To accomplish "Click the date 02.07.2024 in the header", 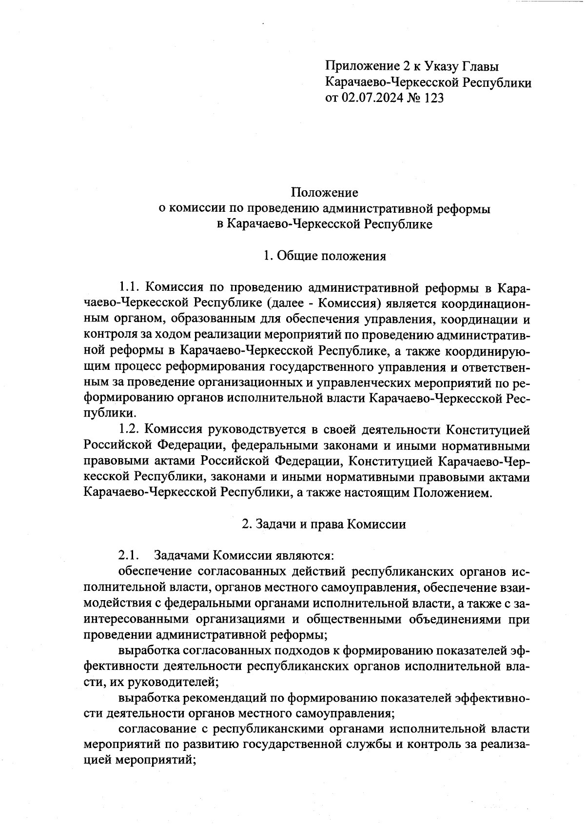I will (372, 98).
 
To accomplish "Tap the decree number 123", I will (434, 98).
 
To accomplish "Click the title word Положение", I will (325, 193).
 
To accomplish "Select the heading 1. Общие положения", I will (325, 256).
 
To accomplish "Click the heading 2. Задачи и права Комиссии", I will (324, 525).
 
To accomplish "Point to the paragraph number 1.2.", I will (130, 430).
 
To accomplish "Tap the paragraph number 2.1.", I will (129, 556).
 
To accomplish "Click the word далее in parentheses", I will (288, 303).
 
